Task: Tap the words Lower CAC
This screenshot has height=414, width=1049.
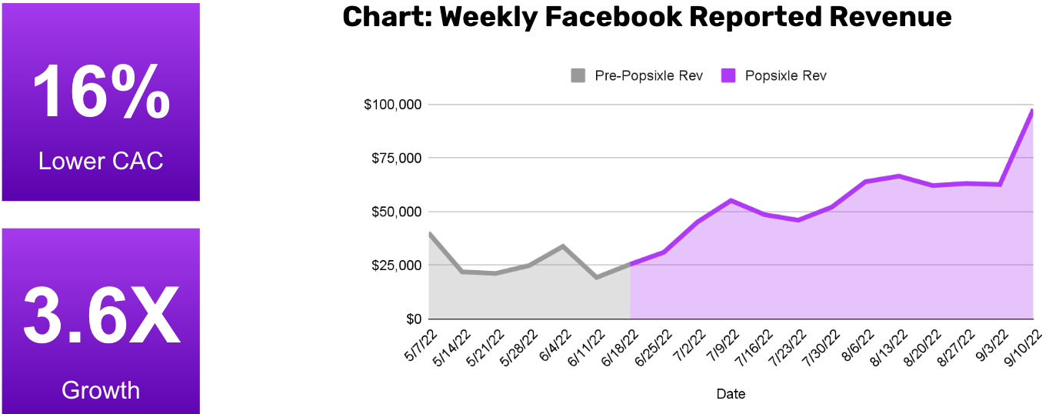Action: (101, 161)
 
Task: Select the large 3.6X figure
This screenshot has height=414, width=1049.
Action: (101, 316)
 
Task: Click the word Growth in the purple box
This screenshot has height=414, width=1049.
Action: (101, 390)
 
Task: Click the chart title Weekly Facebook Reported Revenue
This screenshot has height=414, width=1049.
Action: (647, 18)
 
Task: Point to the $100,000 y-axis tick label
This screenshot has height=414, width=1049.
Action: (392, 104)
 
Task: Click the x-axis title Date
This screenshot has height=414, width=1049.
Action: (731, 394)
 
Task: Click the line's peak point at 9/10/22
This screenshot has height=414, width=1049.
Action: (1031, 111)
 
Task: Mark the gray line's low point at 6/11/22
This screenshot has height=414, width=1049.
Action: (597, 277)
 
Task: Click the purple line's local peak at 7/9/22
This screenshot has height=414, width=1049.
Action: (731, 200)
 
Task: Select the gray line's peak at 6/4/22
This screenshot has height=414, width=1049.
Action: (563, 246)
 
